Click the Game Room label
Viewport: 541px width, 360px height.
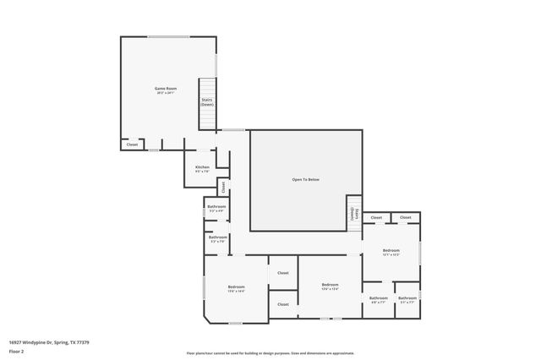coord(165,88)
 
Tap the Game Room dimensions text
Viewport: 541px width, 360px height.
coord(165,93)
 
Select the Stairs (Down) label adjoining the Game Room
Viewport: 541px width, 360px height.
coord(207,101)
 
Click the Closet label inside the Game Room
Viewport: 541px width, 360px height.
coord(132,145)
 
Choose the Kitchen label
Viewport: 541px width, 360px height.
coord(202,166)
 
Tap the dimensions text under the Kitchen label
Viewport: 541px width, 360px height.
coord(202,172)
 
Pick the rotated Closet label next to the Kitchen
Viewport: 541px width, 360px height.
coord(223,187)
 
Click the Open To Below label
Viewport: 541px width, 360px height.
coord(306,179)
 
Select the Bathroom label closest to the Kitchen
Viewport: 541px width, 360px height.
coord(216,206)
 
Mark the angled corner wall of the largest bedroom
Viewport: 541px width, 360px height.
coord(208,317)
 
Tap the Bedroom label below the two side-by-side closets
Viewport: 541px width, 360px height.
coord(391,250)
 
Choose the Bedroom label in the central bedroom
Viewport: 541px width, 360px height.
coord(330,285)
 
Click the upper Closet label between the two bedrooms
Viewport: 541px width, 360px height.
coord(283,273)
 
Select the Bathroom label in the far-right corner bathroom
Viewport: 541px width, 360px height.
coord(407,297)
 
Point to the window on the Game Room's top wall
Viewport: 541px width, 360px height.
coord(168,36)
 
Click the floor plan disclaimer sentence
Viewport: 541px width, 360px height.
coord(270,352)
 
